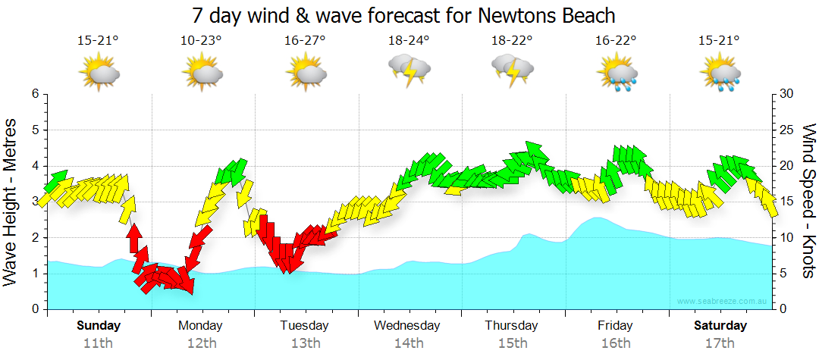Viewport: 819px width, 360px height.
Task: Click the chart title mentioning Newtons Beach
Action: coord(403,15)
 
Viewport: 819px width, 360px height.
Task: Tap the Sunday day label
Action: coord(99,326)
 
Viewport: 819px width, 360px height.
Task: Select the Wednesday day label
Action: coord(407,326)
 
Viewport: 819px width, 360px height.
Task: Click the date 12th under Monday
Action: coord(200,343)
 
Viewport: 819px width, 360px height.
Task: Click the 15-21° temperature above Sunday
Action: coord(99,41)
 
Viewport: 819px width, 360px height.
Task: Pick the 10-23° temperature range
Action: coord(201,41)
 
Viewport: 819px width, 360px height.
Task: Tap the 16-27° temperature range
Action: coord(306,41)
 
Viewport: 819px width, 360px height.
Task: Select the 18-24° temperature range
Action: coord(409,41)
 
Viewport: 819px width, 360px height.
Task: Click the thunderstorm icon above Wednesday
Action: coord(409,70)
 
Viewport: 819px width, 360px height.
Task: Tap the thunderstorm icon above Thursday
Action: coord(513,70)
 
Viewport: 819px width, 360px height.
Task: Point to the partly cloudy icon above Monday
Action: coord(202,73)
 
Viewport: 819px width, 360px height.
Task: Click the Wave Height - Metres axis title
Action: coord(11,201)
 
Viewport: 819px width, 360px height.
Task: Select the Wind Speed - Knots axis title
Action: coord(808,201)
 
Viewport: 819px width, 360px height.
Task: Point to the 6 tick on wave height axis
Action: coord(34,94)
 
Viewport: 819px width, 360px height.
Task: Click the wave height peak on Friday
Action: coord(598,218)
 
